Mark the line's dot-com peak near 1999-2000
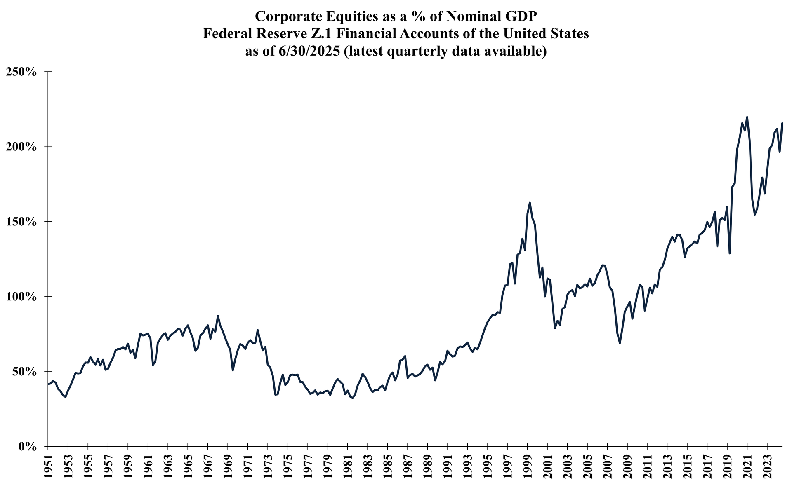[530, 203]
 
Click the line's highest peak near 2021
[747, 117]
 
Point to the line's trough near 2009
[620, 343]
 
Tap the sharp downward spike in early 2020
[730, 253]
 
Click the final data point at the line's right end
[782, 123]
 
